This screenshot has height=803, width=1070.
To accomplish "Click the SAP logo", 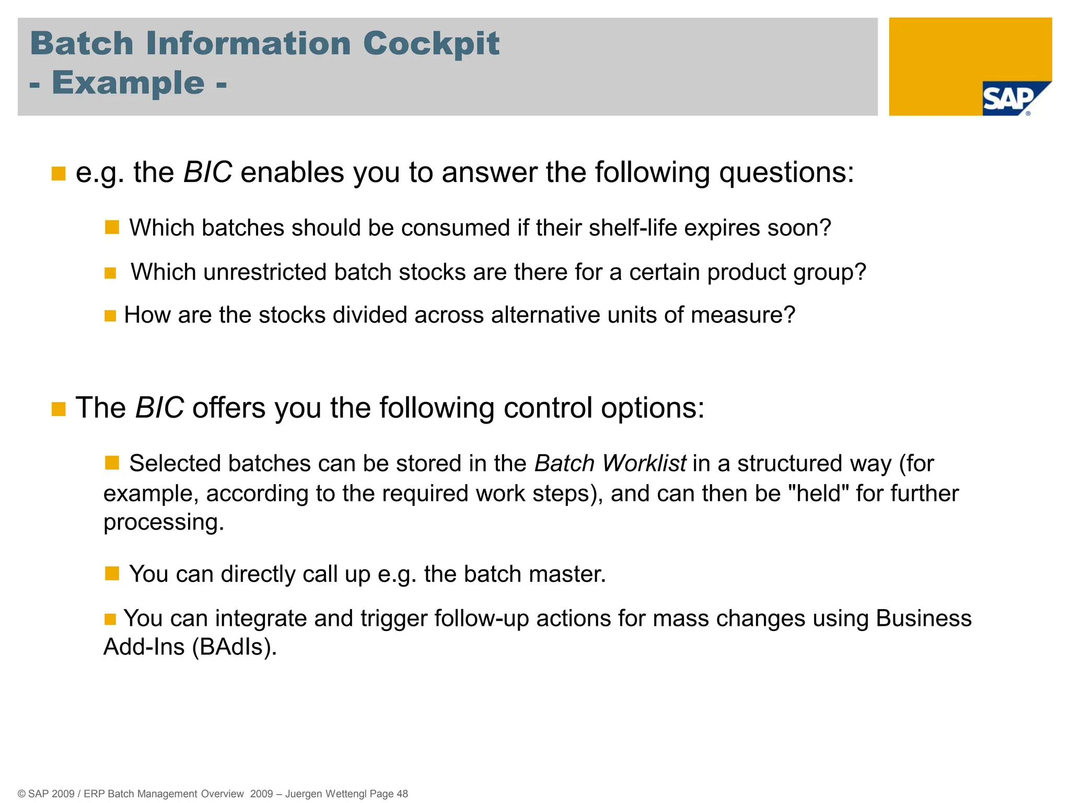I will [1008, 99].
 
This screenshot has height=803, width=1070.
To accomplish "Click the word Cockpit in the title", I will [431, 43].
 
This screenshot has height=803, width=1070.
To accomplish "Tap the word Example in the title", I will [128, 83].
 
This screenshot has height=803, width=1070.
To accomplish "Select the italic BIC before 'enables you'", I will [207, 173].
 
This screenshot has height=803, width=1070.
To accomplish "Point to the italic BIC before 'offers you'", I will [159, 408].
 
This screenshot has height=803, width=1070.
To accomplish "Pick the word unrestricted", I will [265, 272].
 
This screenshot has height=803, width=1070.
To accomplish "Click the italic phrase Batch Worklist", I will [610, 464].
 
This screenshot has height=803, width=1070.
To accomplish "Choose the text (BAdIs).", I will [234, 647].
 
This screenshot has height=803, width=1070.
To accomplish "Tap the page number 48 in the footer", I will [402, 794].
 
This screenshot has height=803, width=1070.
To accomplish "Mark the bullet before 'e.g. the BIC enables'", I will [59, 174].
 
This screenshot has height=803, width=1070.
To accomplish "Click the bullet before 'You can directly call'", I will [112, 573].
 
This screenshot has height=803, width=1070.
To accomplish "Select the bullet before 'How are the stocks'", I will [110, 316].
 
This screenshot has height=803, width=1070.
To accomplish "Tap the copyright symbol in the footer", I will [21, 794].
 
